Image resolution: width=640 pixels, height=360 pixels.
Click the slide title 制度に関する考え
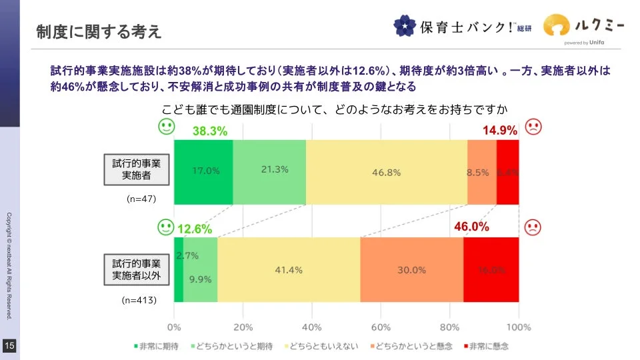99,31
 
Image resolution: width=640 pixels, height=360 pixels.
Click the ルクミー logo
583,27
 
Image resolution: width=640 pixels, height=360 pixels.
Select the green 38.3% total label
210,131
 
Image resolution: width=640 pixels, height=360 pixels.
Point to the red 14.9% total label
499,131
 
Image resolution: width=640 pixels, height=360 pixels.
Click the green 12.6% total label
195,229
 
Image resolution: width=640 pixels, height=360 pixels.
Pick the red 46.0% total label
472,227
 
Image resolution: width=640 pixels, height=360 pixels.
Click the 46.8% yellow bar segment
386,172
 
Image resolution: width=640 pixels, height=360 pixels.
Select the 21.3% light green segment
269,171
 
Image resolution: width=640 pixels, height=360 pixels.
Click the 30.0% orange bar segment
411,270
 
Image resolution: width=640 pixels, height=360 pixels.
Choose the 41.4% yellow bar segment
289,270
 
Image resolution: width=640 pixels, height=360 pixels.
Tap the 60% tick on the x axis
381,327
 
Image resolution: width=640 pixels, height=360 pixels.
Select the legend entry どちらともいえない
322,347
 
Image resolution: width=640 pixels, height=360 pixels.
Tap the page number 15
9,345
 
